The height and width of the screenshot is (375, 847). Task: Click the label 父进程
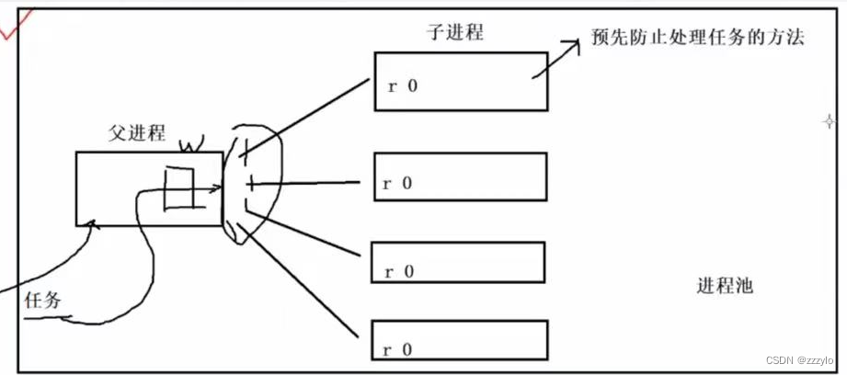[x=136, y=133]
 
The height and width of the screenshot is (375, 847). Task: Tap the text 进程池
[x=725, y=287]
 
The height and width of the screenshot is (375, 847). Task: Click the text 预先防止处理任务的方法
[x=697, y=40]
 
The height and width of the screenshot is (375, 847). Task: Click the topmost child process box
[x=461, y=81]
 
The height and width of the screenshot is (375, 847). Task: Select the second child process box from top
[x=461, y=176]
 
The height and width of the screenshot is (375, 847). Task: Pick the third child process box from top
[x=457, y=262]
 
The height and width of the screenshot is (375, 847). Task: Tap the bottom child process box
[x=459, y=340]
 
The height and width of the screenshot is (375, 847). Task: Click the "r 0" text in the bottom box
[x=398, y=349]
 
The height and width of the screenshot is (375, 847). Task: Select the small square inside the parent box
[x=177, y=188]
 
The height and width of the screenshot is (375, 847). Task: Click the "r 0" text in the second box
[x=398, y=183]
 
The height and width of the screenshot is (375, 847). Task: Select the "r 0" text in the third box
[x=398, y=271]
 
